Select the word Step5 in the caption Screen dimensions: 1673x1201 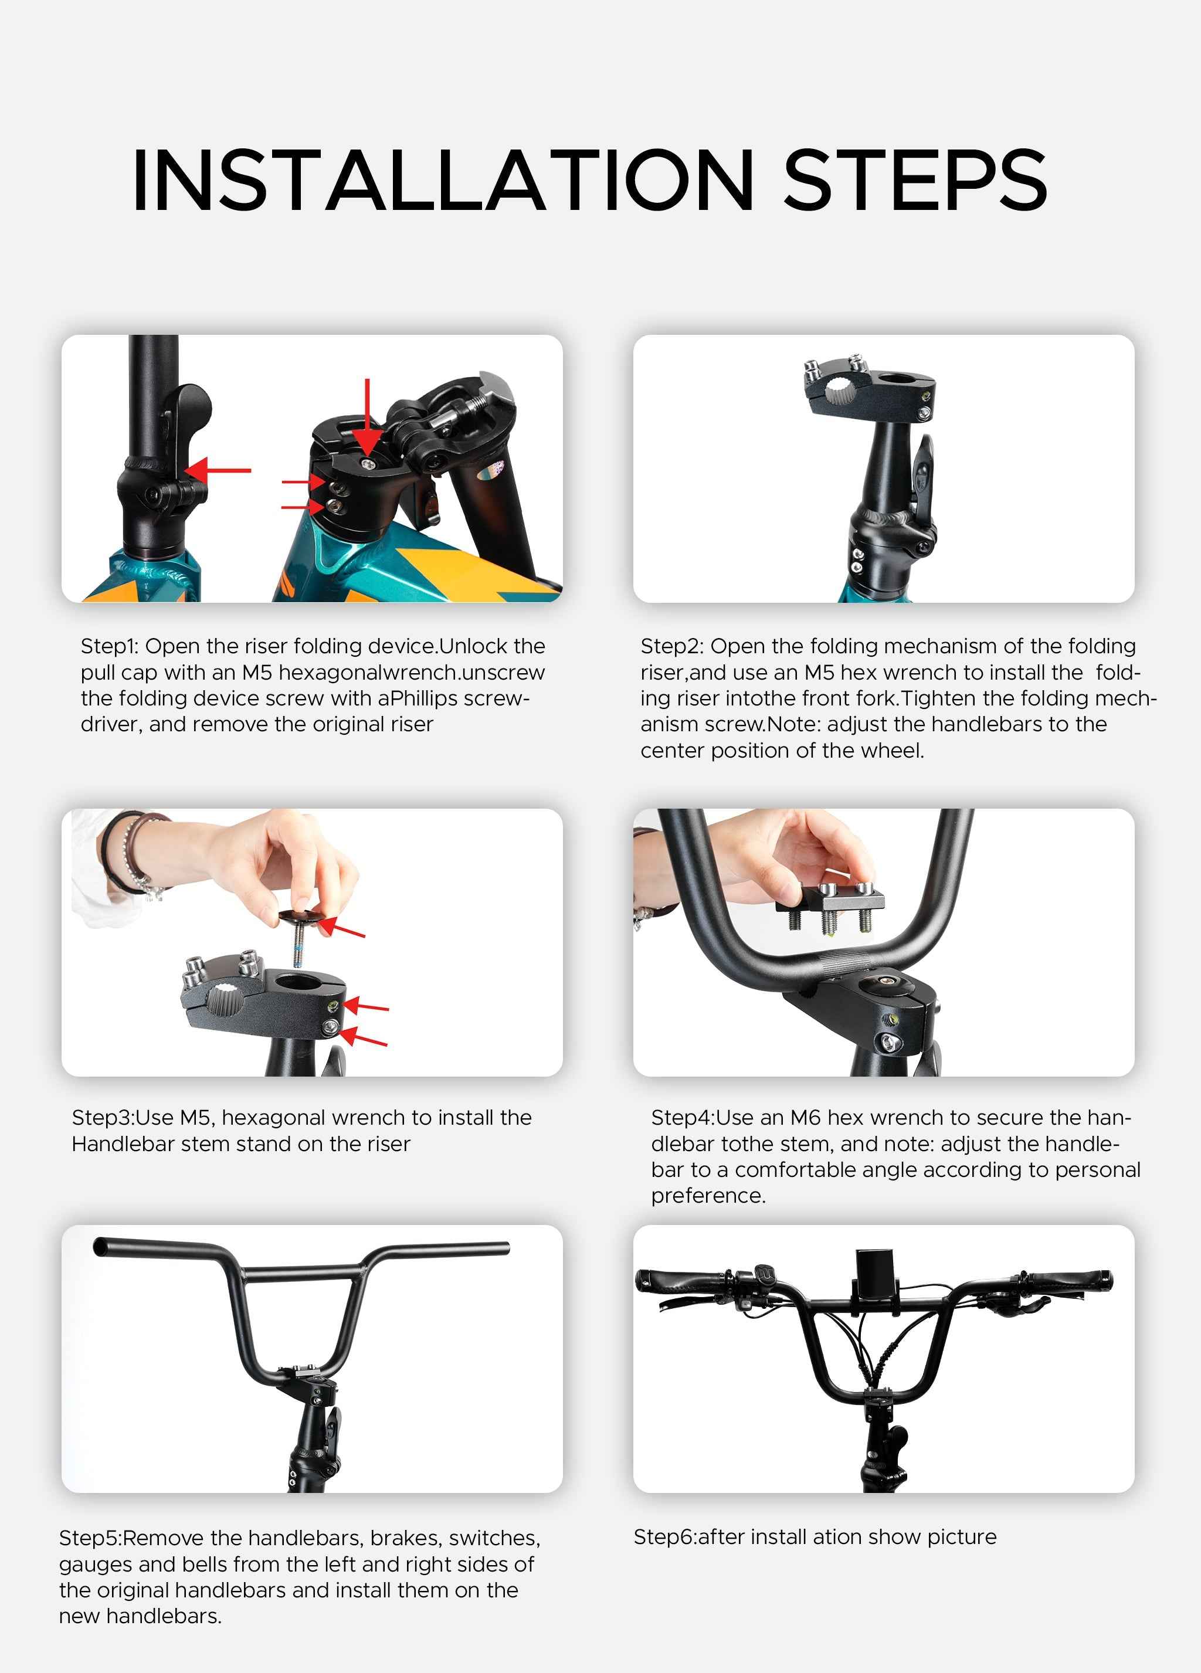tap(89, 1539)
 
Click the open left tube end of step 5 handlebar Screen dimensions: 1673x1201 tap(100, 1247)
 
